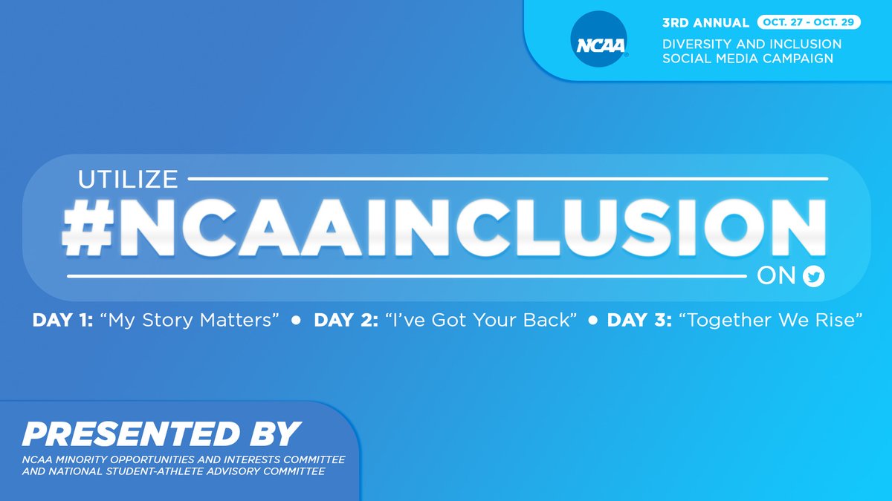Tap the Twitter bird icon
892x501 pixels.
(814, 278)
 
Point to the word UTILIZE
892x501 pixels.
(129, 179)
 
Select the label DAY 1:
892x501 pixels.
(62, 321)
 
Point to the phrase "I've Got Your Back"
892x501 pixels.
(481, 321)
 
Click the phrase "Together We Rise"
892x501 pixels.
(773, 321)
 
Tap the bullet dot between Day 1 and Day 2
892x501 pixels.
(296, 321)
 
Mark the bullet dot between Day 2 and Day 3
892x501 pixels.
(593, 321)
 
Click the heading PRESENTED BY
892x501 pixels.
(161, 433)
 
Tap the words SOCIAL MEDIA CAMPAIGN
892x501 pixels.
(748, 59)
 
